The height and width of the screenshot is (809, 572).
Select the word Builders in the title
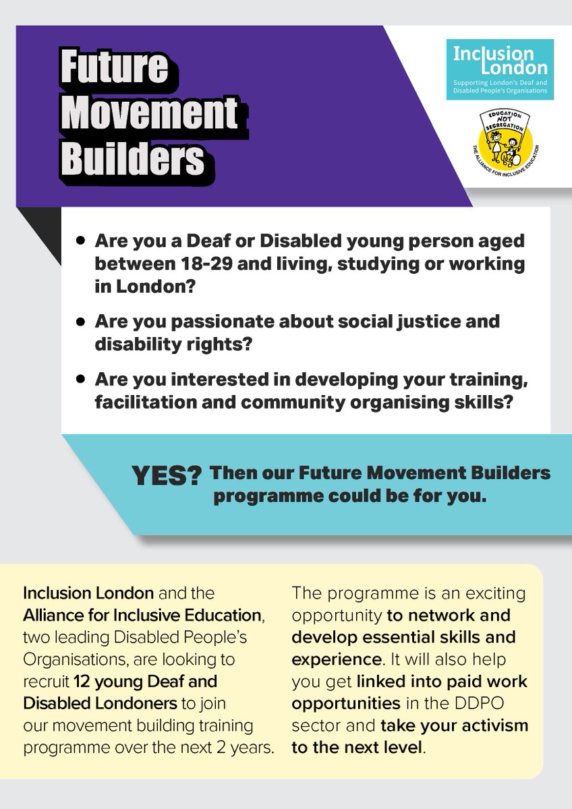(132, 158)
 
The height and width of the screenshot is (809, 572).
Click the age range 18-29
(210, 263)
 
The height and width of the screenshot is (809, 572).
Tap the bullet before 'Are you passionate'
(82, 321)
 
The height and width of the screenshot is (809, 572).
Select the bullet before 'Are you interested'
(82, 379)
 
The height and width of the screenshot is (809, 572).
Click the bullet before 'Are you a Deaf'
(82, 241)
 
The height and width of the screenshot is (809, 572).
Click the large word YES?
(168, 477)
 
